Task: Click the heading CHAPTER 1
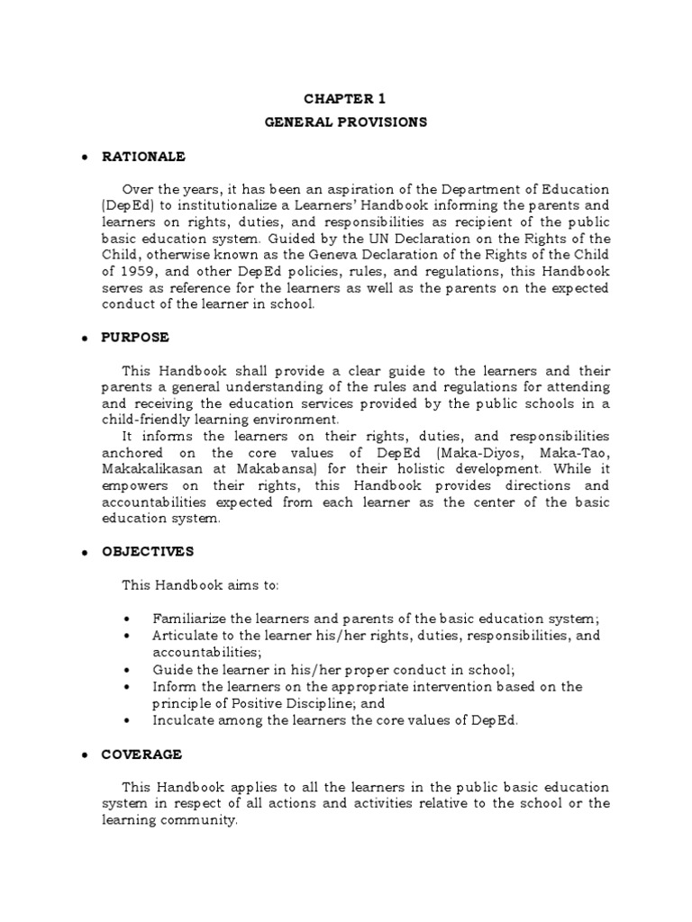click(345, 99)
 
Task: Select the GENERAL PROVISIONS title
click(345, 122)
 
